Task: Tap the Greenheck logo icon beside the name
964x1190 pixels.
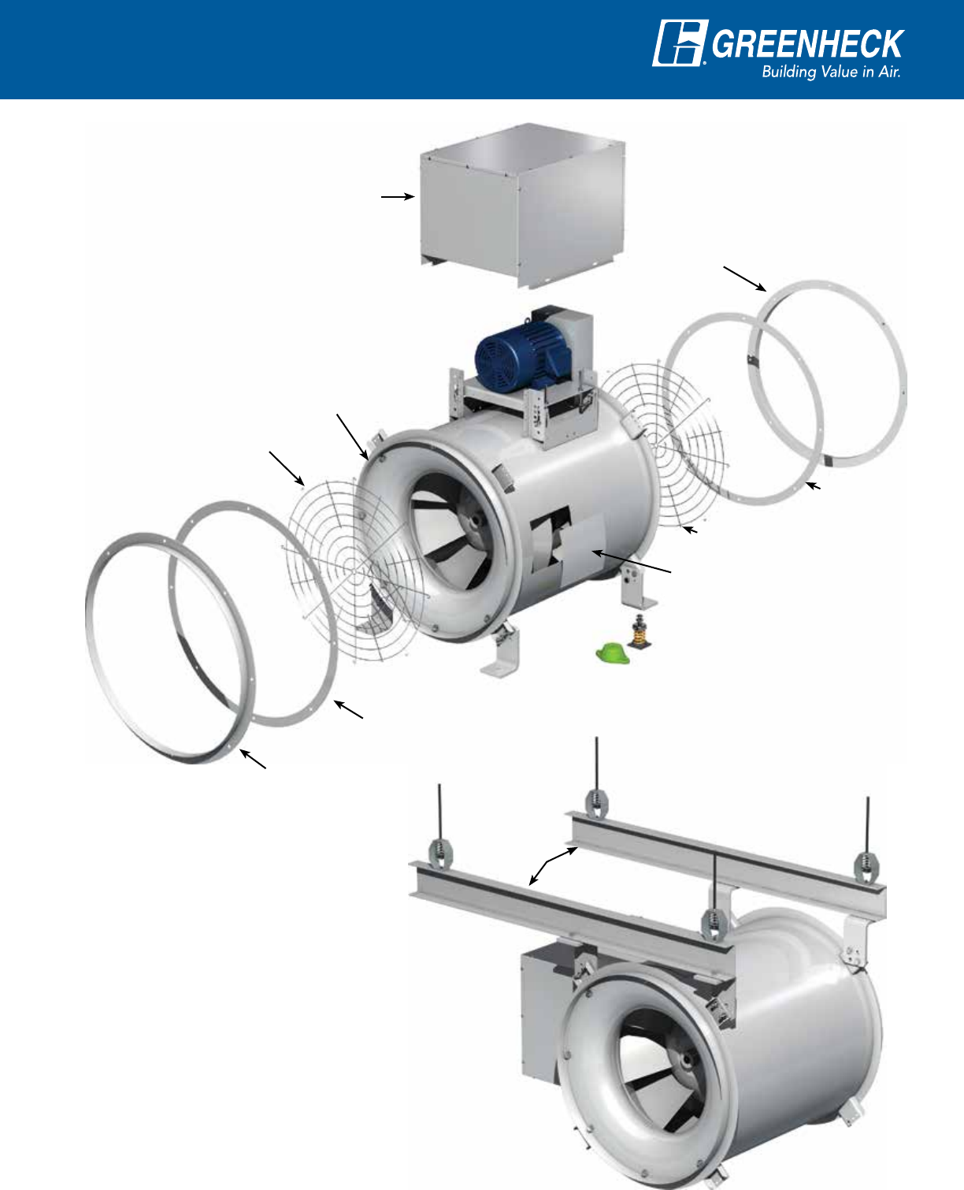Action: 680,43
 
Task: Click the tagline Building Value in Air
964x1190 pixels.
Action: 831,72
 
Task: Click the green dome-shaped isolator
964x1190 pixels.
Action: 613,653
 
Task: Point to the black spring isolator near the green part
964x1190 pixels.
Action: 640,632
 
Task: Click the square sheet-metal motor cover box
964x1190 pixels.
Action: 522,205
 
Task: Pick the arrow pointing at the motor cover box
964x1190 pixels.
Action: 398,197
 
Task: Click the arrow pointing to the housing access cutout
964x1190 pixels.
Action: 631,561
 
